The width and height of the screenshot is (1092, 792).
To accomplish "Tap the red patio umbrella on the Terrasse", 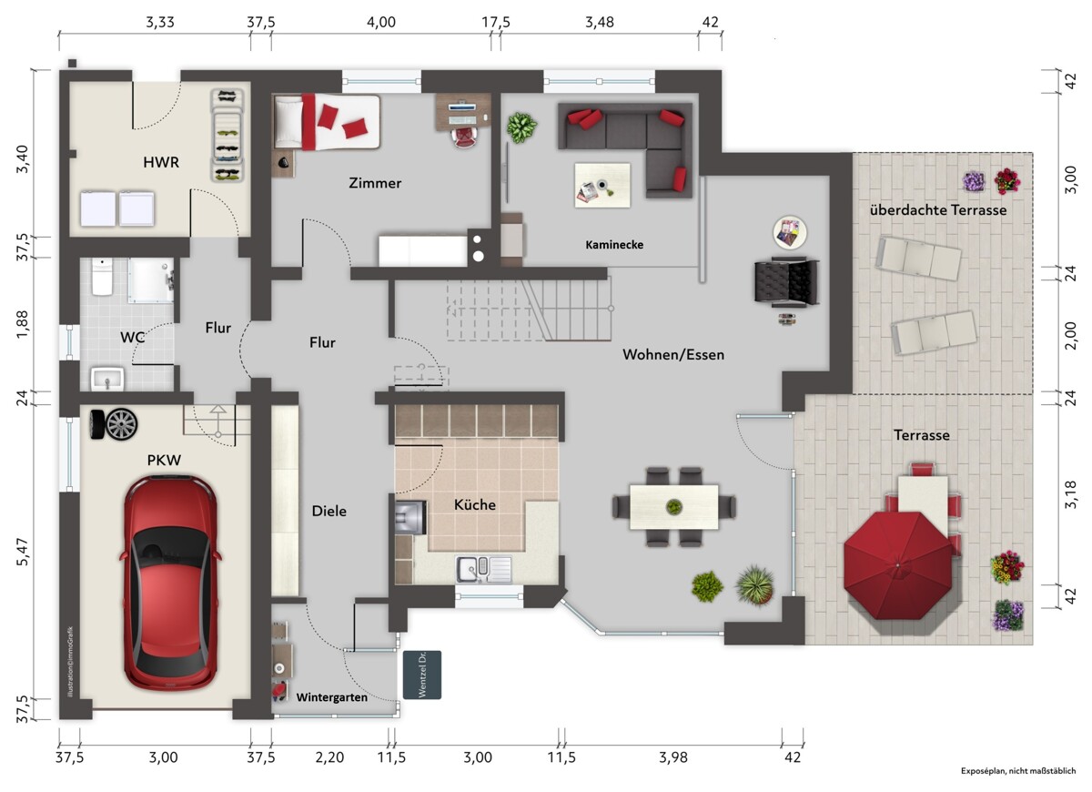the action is coord(897,565).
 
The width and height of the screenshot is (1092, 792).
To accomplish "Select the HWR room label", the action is coord(161,162).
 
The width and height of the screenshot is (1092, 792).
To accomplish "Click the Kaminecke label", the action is coord(614,244).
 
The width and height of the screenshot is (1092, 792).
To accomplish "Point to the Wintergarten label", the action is coord(331,697).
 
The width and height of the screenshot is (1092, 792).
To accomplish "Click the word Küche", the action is coord(475,504).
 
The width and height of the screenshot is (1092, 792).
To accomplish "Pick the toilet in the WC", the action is coord(102,277).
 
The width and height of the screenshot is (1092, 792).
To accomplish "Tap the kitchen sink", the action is coord(483,569).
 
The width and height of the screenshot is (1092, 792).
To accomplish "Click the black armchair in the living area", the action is coord(786,282).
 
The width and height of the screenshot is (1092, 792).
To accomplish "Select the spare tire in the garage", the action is coord(114,424).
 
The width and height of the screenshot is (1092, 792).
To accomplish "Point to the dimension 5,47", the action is coord(23,553).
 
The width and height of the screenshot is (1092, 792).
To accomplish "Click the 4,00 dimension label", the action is coord(381,22).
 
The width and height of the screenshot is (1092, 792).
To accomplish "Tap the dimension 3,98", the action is coord(673,757).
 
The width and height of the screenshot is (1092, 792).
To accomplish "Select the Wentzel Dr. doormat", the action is coord(422,675).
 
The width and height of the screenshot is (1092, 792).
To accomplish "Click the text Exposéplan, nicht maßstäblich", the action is coord(1018,771).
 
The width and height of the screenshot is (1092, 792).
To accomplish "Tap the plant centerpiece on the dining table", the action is coord(673,507).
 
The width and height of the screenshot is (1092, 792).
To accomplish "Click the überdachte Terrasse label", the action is coord(938,210).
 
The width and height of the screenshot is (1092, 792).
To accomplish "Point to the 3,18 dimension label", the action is coord(1070,495).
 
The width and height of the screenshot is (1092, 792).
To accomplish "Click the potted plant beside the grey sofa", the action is coord(521,127).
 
